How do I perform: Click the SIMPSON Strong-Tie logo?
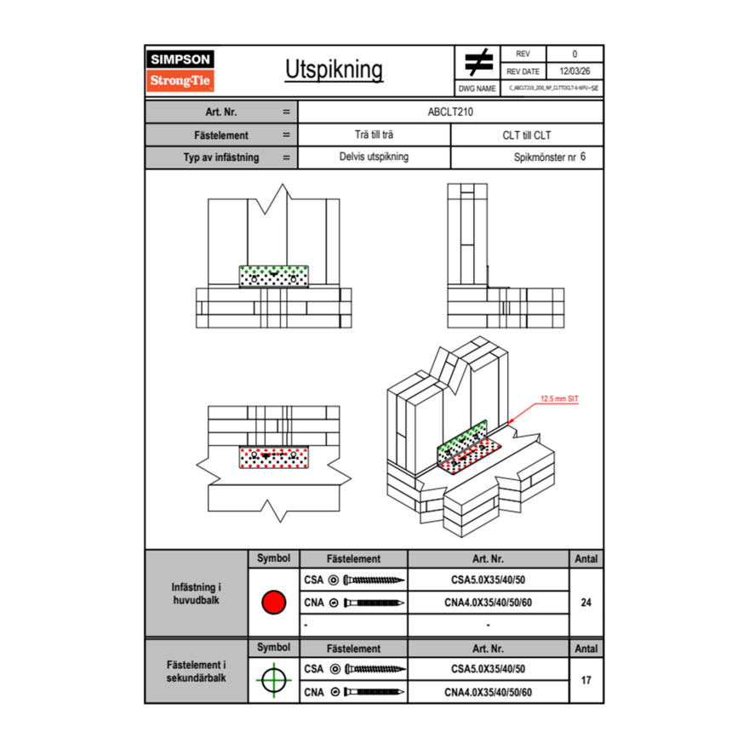click(181, 71)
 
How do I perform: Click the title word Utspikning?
click(334, 71)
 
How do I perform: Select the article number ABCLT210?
click(450, 111)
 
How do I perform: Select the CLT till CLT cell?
click(527, 134)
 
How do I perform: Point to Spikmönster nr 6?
click(550, 157)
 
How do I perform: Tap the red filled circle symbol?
click(273, 603)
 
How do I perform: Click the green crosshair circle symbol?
click(273, 680)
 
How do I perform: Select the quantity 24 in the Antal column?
click(586, 603)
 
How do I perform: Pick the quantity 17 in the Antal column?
click(586, 680)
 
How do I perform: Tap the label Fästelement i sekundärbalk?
click(197, 672)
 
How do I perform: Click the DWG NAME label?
click(477, 89)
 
